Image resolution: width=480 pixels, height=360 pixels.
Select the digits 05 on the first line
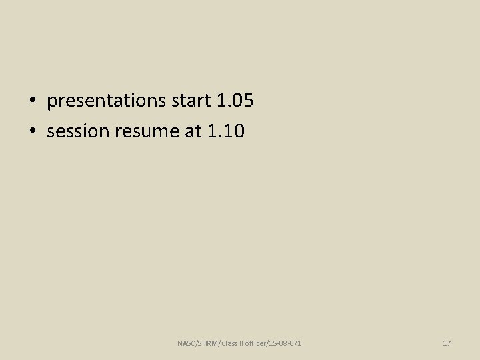tap(243, 101)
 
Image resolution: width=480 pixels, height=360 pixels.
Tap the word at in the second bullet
tap(192, 131)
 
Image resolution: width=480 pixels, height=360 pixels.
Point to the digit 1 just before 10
tap(212, 131)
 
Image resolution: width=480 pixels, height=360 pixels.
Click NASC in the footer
tap(187, 343)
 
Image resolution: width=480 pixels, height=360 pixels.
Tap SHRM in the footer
tap(209, 343)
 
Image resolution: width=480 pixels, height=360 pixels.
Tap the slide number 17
tap(447, 343)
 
